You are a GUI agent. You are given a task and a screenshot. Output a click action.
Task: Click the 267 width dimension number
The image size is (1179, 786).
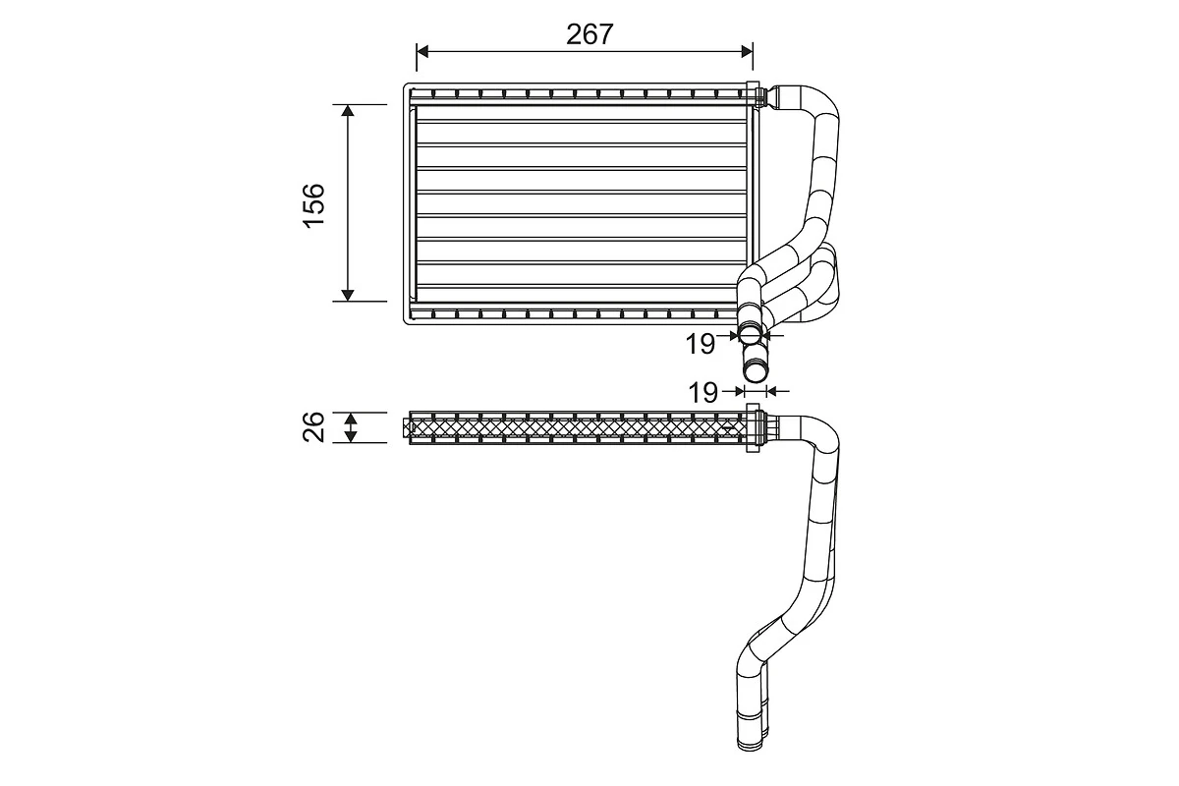pyautogui.click(x=589, y=33)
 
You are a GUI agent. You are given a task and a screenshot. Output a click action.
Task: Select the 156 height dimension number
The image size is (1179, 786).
pyautogui.click(x=313, y=204)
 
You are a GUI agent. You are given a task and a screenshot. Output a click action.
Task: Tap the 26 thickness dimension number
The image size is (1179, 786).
pyautogui.click(x=313, y=427)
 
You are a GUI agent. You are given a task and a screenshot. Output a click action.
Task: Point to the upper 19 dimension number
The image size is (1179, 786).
pyautogui.click(x=700, y=344)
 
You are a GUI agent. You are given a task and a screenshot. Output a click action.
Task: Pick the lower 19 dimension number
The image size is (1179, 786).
pyautogui.click(x=702, y=393)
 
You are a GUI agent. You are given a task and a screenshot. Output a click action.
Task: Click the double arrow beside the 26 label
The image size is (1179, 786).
pyautogui.click(x=348, y=427)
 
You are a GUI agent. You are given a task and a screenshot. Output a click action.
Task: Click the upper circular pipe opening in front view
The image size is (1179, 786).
pyautogui.click(x=752, y=334)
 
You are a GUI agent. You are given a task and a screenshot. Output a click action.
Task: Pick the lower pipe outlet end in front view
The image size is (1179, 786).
pyautogui.click(x=755, y=371)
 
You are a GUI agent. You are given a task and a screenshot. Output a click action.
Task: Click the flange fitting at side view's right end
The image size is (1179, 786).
pyautogui.click(x=754, y=427)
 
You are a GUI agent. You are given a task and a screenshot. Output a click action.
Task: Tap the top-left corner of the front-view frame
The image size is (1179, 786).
pyautogui.click(x=406, y=86)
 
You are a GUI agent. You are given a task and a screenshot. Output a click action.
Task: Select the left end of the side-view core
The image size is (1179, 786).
pyautogui.click(x=409, y=427)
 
